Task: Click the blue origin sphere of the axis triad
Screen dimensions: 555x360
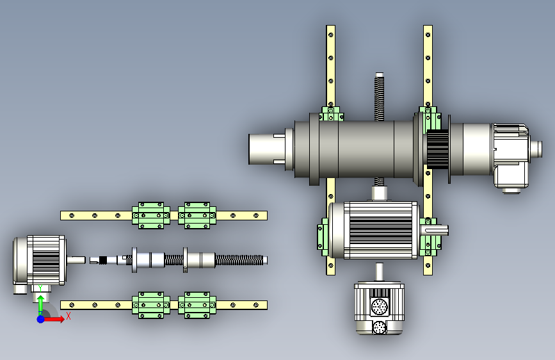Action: coord(41,319)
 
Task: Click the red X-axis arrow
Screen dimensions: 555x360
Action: coord(54,319)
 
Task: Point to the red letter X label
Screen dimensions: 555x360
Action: coord(68,316)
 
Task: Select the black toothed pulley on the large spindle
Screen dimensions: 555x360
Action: coord(437,149)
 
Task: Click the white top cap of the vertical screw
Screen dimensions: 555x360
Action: coord(379,75)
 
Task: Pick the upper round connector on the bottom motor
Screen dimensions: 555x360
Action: coord(380,306)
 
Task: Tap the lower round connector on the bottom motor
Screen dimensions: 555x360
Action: coord(380,327)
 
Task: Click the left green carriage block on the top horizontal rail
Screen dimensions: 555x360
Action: coord(151,215)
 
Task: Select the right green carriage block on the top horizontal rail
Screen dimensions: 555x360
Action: coord(197,215)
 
